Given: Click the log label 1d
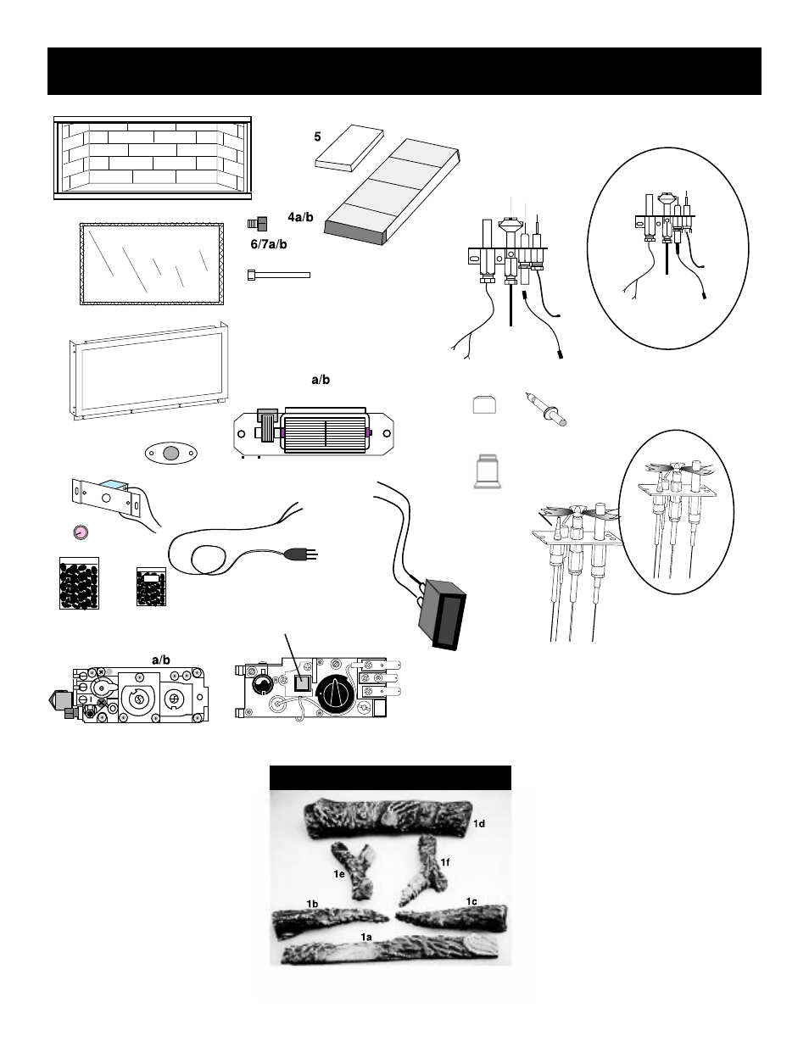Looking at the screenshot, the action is [x=480, y=823].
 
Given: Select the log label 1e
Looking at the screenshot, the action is [x=338, y=872].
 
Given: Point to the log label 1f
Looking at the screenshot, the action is [x=445, y=861].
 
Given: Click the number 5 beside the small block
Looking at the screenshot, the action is [x=318, y=135].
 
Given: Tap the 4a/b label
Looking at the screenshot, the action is [x=300, y=218].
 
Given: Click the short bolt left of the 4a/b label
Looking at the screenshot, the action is [x=258, y=224].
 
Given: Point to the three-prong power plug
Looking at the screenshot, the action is [x=302, y=554].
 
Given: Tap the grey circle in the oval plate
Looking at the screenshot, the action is [x=171, y=454].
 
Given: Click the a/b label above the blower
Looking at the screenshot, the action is [x=321, y=380].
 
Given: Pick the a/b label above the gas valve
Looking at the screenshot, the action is [x=161, y=660].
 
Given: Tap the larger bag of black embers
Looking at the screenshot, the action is [x=81, y=582].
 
